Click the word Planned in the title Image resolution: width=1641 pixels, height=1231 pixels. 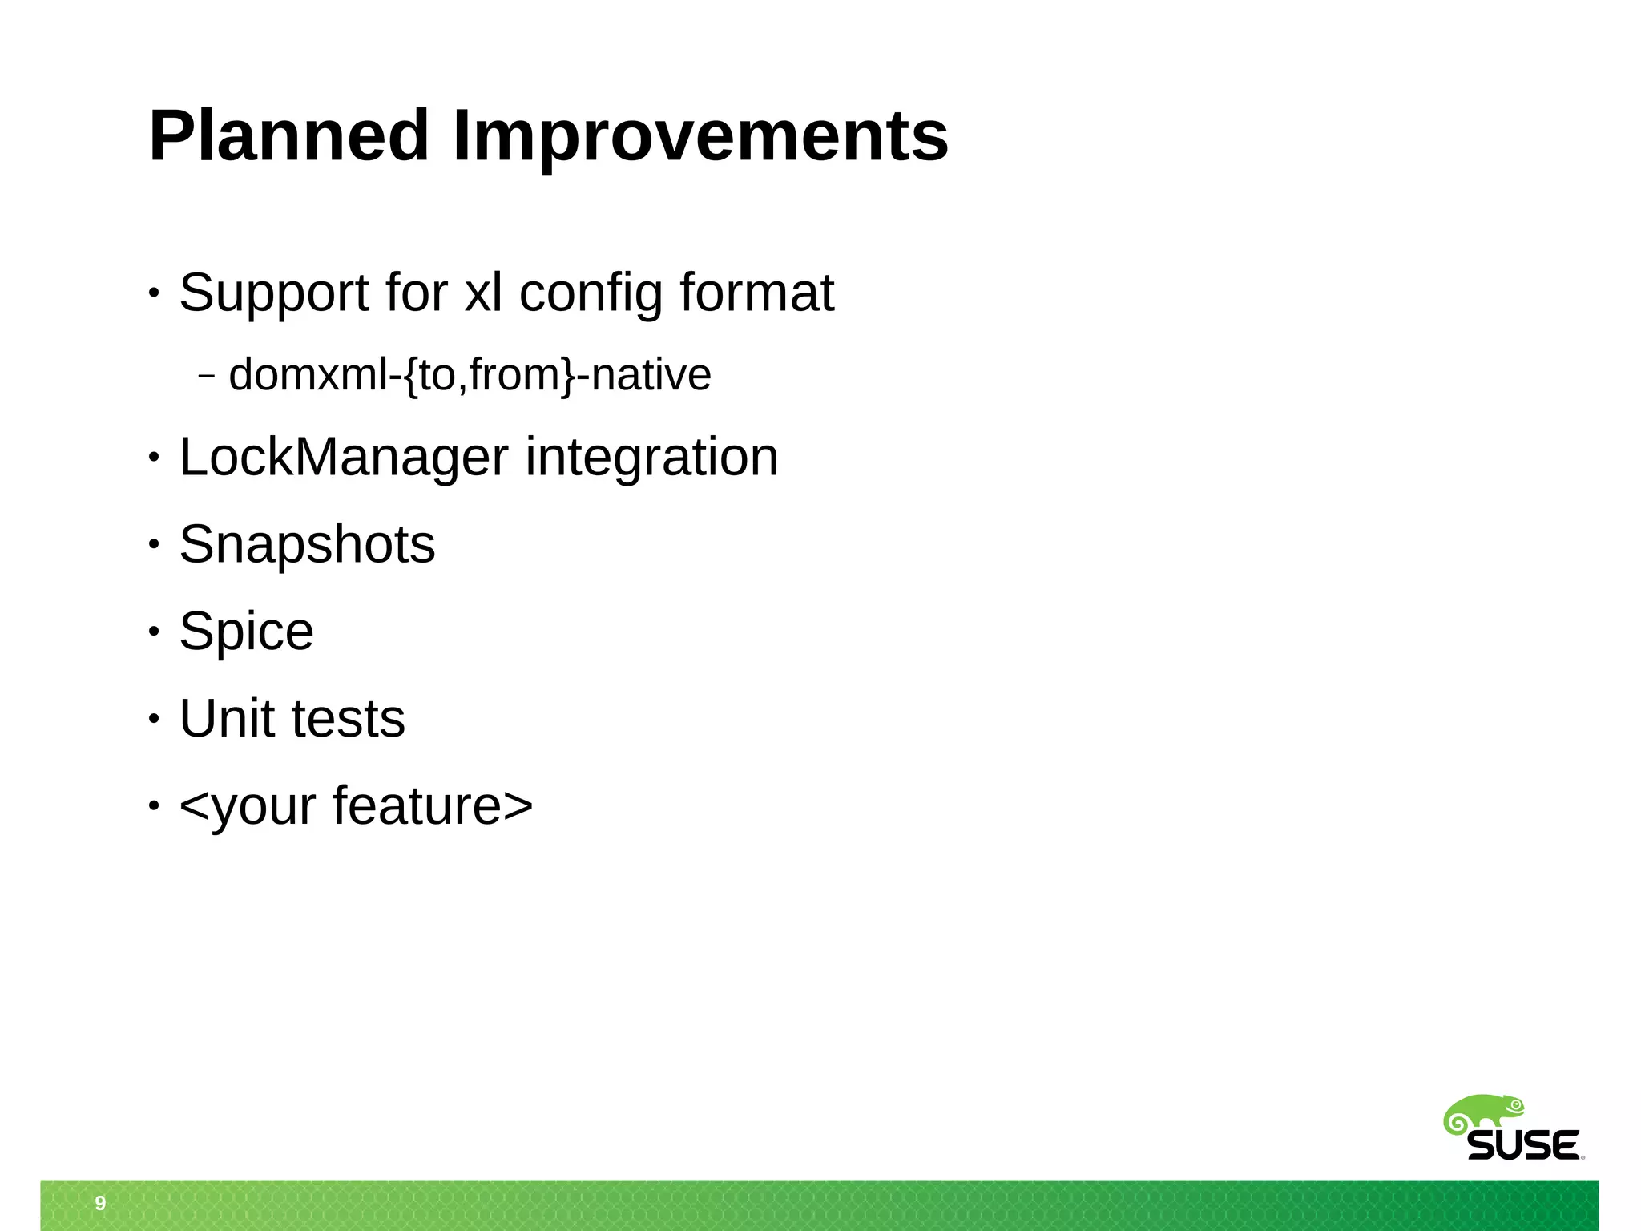(x=288, y=136)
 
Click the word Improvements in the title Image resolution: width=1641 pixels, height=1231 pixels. (x=700, y=136)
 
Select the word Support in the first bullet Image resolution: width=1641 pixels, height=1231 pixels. (x=273, y=293)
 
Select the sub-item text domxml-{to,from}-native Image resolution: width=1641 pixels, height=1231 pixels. (x=470, y=375)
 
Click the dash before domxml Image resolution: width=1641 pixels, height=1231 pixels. (x=206, y=375)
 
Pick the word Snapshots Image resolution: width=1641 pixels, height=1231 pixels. (x=307, y=545)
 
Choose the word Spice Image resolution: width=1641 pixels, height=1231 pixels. (x=246, y=632)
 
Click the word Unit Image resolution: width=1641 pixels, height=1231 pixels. (x=228, y=718)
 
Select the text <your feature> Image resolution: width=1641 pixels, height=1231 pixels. (x=356, y=805)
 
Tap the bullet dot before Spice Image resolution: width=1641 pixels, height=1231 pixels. (x=154, y=632)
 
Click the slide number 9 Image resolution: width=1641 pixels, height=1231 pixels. (x=100, y=1203)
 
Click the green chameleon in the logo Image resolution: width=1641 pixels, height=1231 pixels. (x=1484, y=1113)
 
